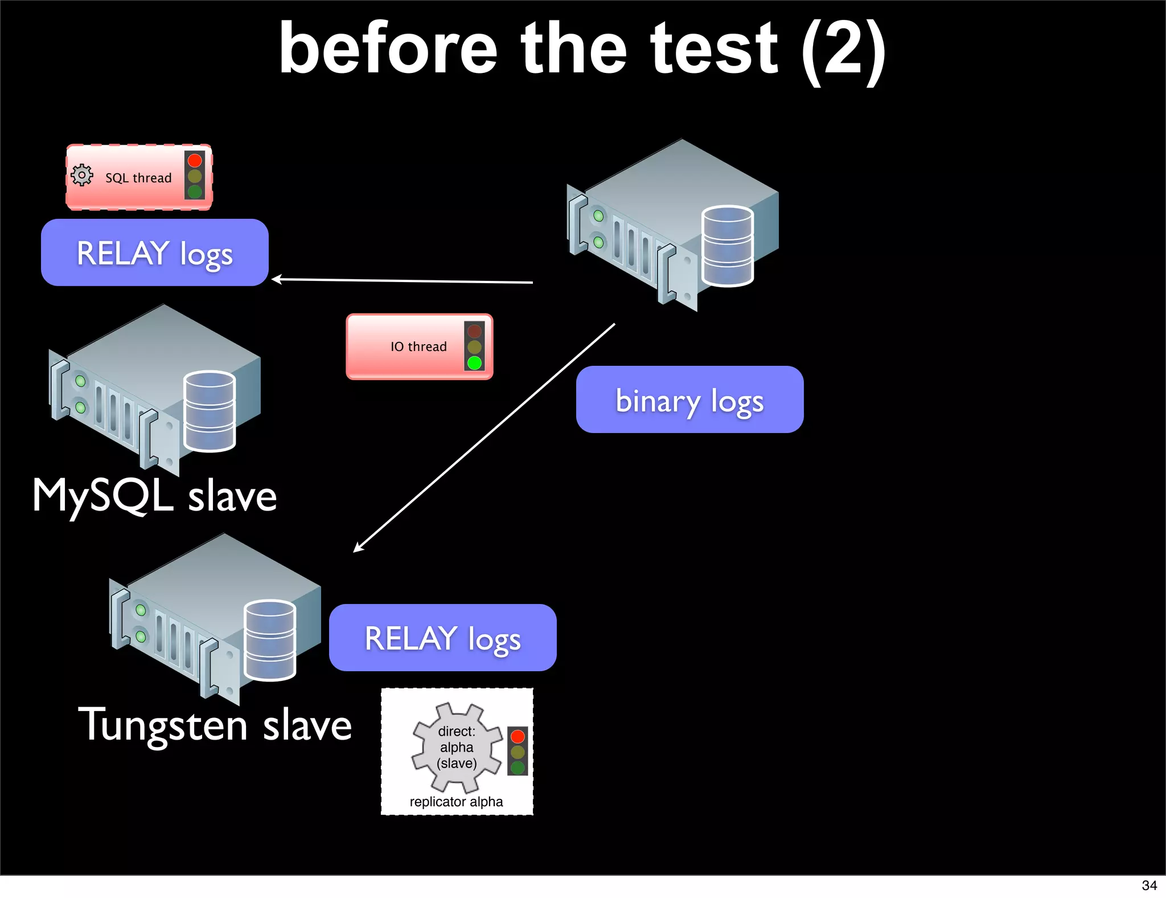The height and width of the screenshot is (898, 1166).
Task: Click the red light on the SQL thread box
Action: (195, 161)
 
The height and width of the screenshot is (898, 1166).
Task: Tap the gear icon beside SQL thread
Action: (82, 175)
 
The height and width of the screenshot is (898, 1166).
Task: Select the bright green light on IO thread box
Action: (474, 363)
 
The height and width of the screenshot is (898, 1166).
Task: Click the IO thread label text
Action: (418, 346)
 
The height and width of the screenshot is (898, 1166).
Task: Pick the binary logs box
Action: (689, 400)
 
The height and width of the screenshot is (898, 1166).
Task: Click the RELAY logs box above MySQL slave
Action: (154, 253)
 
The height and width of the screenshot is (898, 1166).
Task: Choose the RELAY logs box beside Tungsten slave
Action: (442, 638)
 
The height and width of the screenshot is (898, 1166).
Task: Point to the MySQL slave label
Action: (154, 496)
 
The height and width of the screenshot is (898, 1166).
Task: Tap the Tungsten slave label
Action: (215, 725)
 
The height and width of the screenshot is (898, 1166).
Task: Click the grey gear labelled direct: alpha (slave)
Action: (456, 747)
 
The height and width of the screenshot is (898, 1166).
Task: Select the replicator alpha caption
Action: (456, 802)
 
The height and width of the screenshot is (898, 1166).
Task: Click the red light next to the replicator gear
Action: (518, 736)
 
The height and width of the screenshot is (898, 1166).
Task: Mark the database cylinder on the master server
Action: (727, 246)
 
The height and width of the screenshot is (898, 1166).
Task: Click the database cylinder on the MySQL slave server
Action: (210, 411)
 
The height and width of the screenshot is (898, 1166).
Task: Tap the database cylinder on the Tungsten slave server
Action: (269, 640)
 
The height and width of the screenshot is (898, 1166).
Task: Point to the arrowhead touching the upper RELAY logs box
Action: (277, 279)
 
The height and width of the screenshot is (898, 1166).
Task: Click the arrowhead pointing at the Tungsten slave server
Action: (358, 548)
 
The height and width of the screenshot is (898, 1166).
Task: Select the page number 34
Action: (1149, 885)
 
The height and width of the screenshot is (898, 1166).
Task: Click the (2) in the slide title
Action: (843, 50)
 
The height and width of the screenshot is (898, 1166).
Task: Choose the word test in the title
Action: (714, 50)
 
